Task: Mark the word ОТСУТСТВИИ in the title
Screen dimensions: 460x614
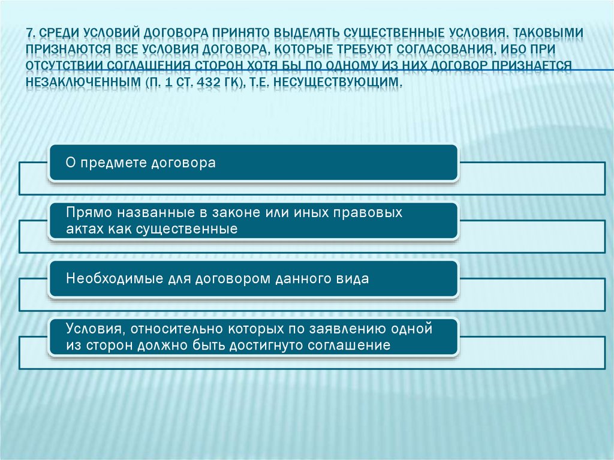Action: tap(67, 65)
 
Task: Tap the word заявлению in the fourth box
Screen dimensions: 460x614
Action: tap(330, 329)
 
